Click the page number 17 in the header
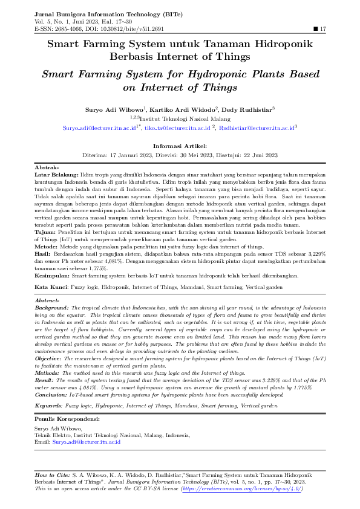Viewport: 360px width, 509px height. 323,28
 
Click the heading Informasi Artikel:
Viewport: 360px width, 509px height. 180,146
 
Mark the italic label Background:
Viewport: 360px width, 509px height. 51,307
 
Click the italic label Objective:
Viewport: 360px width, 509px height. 50,358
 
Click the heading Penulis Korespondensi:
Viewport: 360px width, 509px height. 67,418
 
